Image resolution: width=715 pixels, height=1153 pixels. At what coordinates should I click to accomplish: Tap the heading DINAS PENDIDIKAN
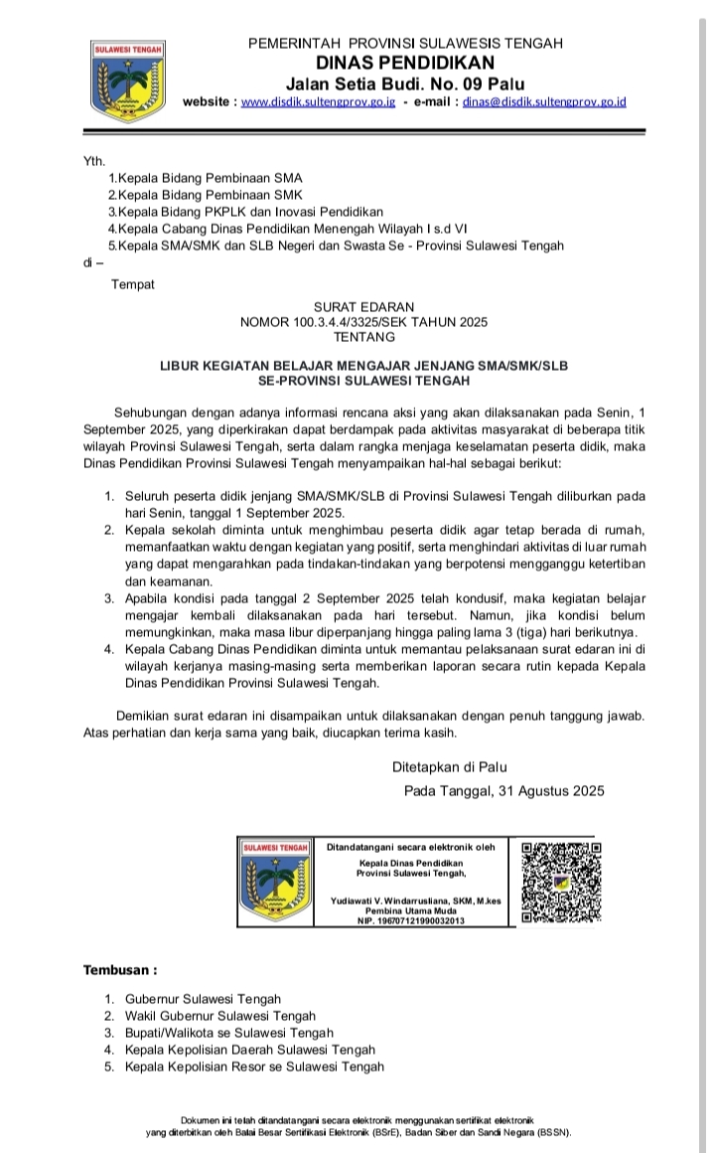click(404, 63)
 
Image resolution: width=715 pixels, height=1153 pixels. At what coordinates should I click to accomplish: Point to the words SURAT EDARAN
click(363, 306)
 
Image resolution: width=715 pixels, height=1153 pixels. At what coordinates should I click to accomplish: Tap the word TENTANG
click(363, 338)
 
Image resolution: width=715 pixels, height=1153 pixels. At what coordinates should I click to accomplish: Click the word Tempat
click(132, 285)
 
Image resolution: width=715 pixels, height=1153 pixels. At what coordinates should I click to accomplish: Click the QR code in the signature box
click(561, 883)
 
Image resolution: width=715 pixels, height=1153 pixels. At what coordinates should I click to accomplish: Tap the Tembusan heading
click(119, 968)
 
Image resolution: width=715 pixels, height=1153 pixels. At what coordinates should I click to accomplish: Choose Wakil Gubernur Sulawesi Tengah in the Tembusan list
click(220, 1016)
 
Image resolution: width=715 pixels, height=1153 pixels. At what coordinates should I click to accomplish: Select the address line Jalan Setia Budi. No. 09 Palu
click(405, 82)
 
